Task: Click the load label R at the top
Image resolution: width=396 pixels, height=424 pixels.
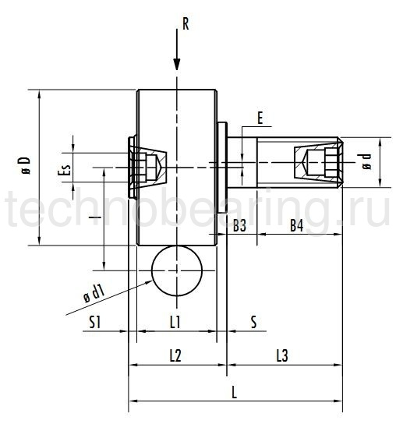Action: coord(185,23)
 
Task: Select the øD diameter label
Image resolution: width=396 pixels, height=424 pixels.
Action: coord(25,166)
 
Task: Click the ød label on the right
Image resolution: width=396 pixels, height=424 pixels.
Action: coord(367,163)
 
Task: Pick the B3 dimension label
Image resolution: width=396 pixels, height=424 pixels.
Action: coord(240,226)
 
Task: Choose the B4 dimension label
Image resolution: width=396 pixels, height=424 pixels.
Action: coord(296,226)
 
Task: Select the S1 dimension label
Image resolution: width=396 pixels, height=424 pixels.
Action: coord(94,321)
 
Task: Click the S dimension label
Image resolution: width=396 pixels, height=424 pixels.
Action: coord(254,321)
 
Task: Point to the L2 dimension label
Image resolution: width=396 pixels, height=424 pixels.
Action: coord(175,355)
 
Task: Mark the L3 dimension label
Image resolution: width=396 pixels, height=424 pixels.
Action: coord(282,355)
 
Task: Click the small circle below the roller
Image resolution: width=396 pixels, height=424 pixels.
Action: coord(177,270)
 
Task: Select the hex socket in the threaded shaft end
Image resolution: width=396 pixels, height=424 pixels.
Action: coord(316,163)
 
